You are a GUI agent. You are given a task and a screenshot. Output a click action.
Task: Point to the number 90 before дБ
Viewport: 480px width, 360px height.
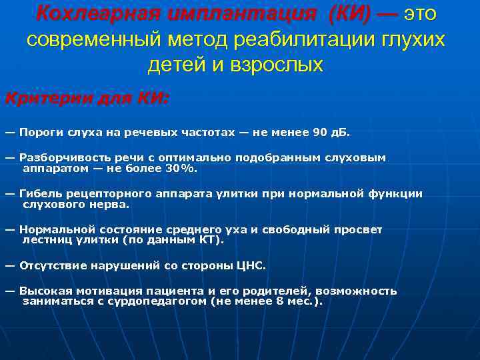coord(319,132)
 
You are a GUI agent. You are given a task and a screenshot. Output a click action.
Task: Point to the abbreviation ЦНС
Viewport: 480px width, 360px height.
coord(250,265)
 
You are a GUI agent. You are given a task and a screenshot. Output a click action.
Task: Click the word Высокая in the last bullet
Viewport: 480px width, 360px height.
coord(44,291)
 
